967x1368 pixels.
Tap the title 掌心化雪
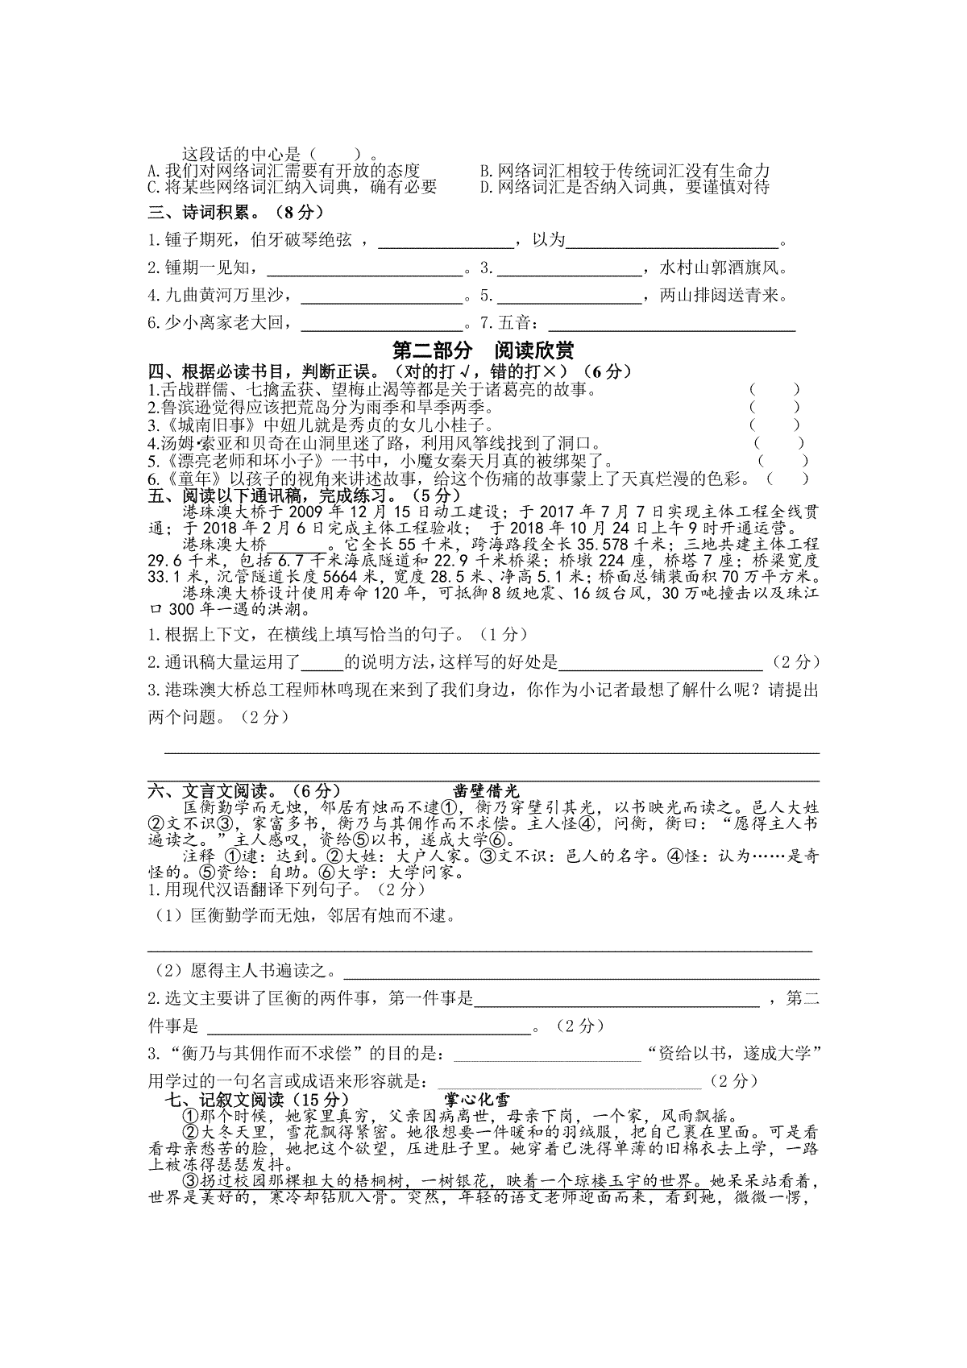(477, 1099)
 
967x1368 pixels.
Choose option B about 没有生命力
(625, 170)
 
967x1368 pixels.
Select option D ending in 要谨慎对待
(625, 187)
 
